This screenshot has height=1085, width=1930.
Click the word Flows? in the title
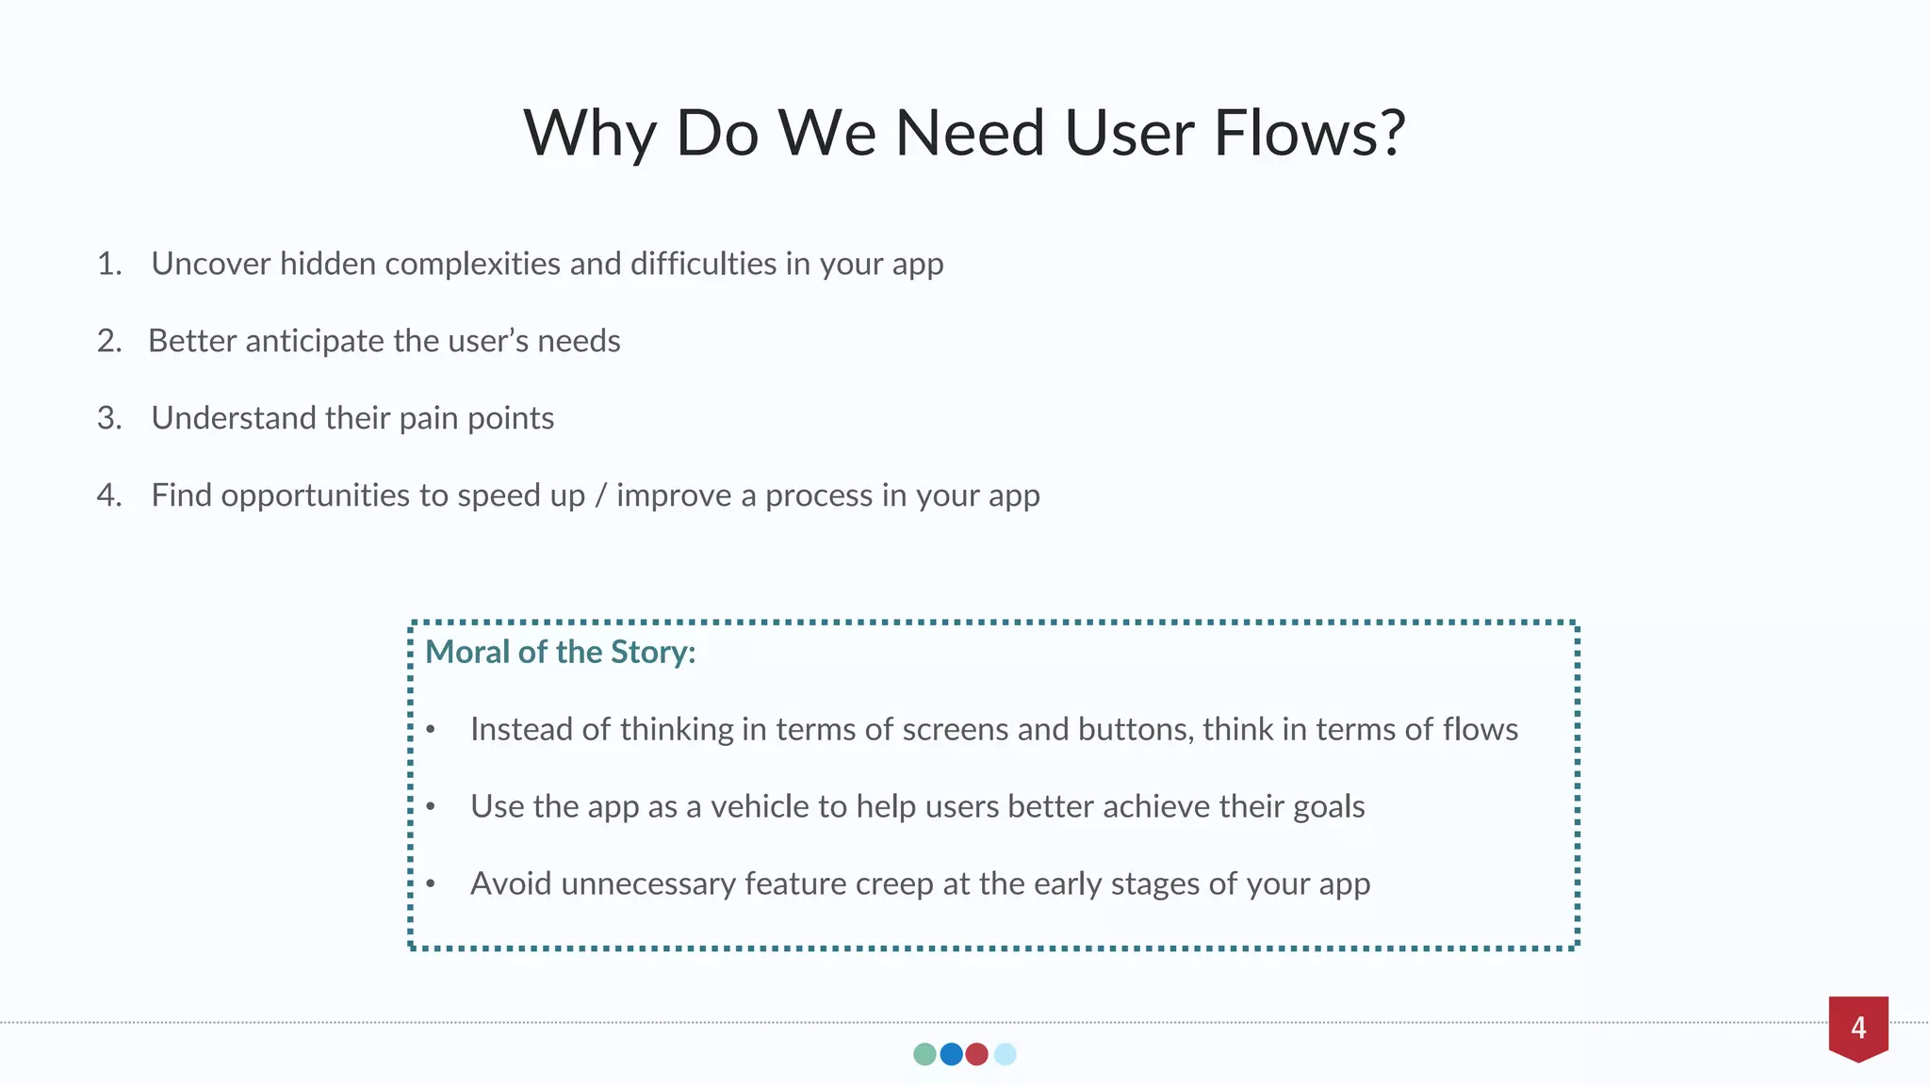(x=1310, y=133)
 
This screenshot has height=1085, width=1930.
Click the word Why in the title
(x=589, y=133)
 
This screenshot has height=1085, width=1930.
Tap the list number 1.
(x=109, y=264)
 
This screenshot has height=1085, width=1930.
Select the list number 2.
(x=109, y=341)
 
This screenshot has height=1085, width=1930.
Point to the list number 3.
(x=109, y=418)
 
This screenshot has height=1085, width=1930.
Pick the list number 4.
(x=109, y=495)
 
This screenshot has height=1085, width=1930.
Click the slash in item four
(x=600, y=495)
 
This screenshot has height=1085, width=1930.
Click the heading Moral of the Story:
(x=561, y=652)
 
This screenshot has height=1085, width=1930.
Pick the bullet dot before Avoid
(x=431, y=883)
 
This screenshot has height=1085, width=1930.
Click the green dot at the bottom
(x=924, y=1054)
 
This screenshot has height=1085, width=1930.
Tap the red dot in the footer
(x=977, y=1054)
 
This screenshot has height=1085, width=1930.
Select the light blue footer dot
(x=1006, y=1054)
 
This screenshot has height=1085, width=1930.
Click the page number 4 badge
(x=1858, y=1027)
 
